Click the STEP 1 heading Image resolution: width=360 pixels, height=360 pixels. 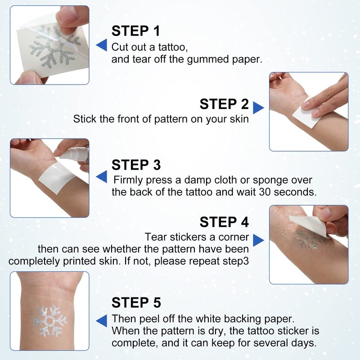[135, 31]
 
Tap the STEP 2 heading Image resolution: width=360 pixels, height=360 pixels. [224, 104]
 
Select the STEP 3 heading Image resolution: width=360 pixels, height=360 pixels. [136, 165]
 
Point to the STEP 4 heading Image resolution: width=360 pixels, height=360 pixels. [224, 222]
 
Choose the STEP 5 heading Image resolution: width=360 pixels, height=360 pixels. [136, 302]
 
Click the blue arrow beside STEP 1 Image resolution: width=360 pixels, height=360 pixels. [102, 45]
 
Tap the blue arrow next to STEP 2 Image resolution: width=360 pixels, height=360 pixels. [258, 108]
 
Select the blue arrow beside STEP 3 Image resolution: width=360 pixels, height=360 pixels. [102, 176]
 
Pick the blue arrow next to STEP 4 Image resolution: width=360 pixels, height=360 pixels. [258, 240]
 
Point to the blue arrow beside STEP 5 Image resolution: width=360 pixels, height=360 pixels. [102, 320]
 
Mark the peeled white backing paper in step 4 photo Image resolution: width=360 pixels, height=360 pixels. [309, 225]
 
